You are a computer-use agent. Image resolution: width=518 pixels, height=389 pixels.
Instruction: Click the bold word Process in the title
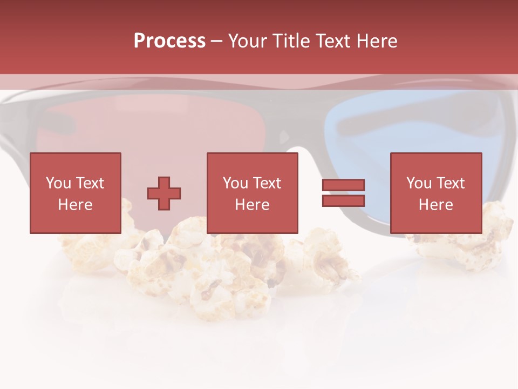[169, 41]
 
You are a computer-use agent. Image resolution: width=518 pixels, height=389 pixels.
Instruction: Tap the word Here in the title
[376, 41]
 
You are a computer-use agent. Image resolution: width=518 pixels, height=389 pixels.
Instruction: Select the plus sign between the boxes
[164, 193]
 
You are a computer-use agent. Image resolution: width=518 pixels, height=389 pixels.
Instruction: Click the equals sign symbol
[343, 193]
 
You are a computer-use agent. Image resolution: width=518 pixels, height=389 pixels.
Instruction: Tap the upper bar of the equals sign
[343, 185]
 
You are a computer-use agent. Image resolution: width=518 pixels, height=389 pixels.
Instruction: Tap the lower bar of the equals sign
[343, 200]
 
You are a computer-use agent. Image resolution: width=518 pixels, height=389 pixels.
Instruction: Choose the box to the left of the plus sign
[75, 193]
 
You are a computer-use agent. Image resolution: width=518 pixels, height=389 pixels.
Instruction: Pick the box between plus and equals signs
[252, 193]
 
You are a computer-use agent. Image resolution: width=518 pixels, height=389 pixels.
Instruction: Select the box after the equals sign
[435, 193]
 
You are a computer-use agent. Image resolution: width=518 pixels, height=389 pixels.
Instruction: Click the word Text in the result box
[450, 183]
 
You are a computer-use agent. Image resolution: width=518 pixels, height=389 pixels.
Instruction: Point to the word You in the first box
[58, 183]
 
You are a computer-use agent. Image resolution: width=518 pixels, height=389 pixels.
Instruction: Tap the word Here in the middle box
[252, 205]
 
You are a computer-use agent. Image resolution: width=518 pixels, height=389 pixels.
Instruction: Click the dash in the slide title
[217, 41]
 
